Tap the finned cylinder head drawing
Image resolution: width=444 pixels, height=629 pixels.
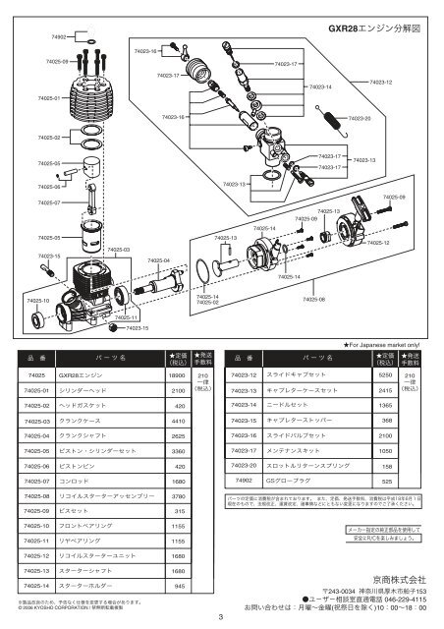89,94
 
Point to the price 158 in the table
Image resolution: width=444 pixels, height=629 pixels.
386,466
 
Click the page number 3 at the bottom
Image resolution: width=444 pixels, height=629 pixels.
222,616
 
